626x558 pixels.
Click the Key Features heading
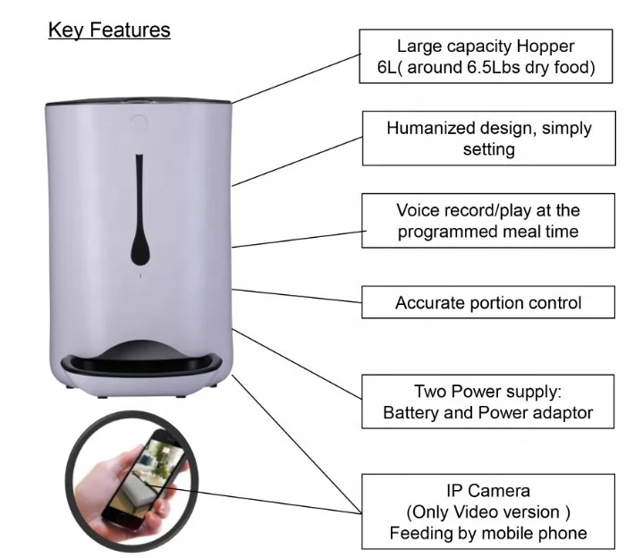(x=109, y=30)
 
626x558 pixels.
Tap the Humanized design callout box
(x=488, y=139)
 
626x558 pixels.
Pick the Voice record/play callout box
(x=488, y=221)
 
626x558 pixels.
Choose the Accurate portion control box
(x=488, y=302)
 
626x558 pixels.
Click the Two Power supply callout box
(x=488, y=402)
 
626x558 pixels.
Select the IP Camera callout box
(x=488, y=511)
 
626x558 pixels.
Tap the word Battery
(x=412, y=413)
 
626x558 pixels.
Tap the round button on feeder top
(x=139, y=119)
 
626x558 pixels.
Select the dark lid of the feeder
(x=139, y=95)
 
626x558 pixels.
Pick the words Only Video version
(x=488, y=512)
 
